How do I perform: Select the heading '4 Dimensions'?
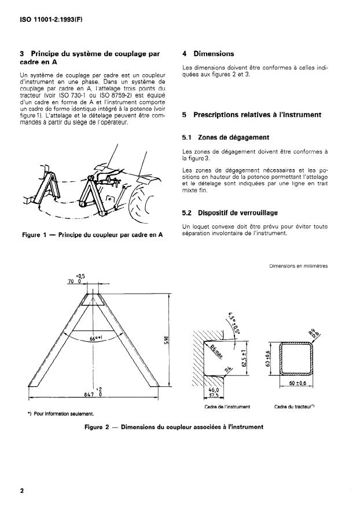pos(208,53)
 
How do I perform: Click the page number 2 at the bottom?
pos(22,491)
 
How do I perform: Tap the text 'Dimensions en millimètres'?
pos(299,266)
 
